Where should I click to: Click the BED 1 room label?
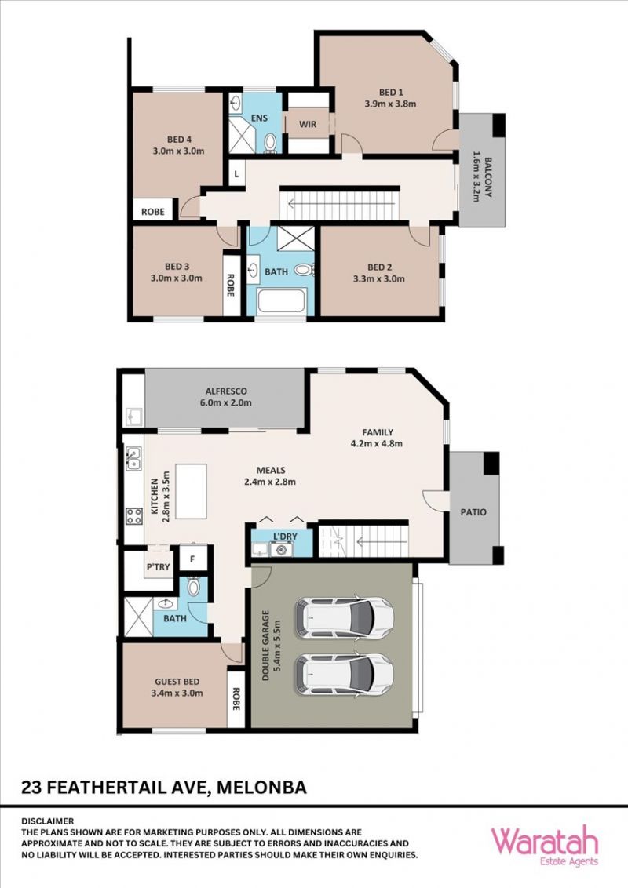pos(391,93)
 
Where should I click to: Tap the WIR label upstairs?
pos(308,124)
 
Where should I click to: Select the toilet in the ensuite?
pos(270,142)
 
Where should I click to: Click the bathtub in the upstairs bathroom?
pos(282,301)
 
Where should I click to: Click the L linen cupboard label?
pos(236,174)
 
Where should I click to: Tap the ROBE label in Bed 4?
pos(153,212)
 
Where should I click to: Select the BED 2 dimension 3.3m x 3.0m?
pos(379,278)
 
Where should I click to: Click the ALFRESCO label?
pos(226,391)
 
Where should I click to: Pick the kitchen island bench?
pos(191,491)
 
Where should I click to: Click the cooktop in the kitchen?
pos(133,516)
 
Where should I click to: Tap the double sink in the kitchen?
pos(133,459)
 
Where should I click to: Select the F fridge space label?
pos(192,559)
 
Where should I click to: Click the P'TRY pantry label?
pos(158,567)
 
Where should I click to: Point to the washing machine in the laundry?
pos(281,549)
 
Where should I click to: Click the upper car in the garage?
pos(345,618)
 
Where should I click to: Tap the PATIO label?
pos(473,512)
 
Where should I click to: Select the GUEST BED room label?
pos(177,682)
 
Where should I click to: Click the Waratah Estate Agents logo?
pos(544,846)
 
